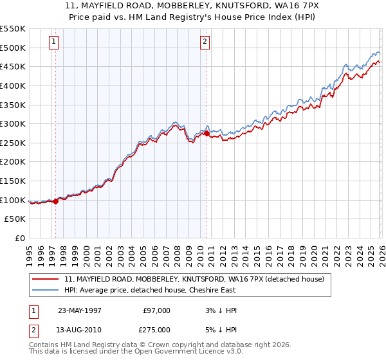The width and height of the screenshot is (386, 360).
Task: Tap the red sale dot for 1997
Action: pyautogui.click(x=56, y=201)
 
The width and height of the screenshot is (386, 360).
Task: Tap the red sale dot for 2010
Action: pyautogui.click(x=207, y=133)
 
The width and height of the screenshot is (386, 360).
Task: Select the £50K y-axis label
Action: pyautogui.click(x=15, y=219)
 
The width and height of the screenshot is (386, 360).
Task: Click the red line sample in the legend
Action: pyautogui.click(x=46, y=279)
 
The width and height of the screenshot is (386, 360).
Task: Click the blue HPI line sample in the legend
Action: pyautogui.click(x=46, y=290)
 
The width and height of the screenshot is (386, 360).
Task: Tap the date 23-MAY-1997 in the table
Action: pyautogui.click(x=80, y=310)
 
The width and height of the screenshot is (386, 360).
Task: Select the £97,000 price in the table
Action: pyautogui.click(x=156, y=310)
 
